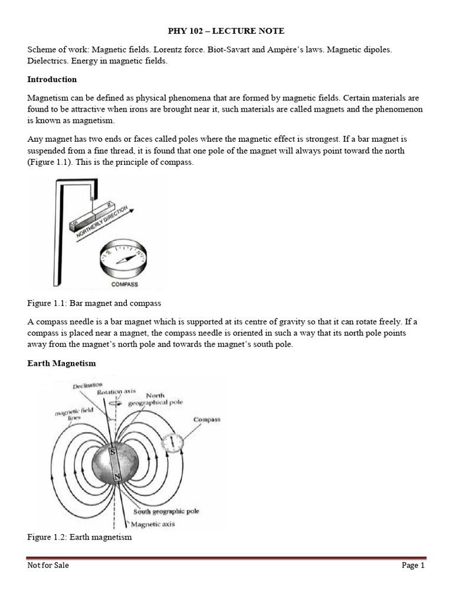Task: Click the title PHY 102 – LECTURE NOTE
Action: click(226, 31)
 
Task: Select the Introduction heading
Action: click(52, 79)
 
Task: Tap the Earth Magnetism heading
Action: click(61, 363)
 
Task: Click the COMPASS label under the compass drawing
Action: click(124, 284)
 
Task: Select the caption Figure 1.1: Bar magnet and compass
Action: click(94, 303)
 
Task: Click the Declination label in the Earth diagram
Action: click(87, 387)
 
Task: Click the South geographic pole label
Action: click(166, 512)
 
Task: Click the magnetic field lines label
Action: click(68, 414)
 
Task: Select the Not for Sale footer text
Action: click(48, 565)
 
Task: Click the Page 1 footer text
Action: click(413, 565)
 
